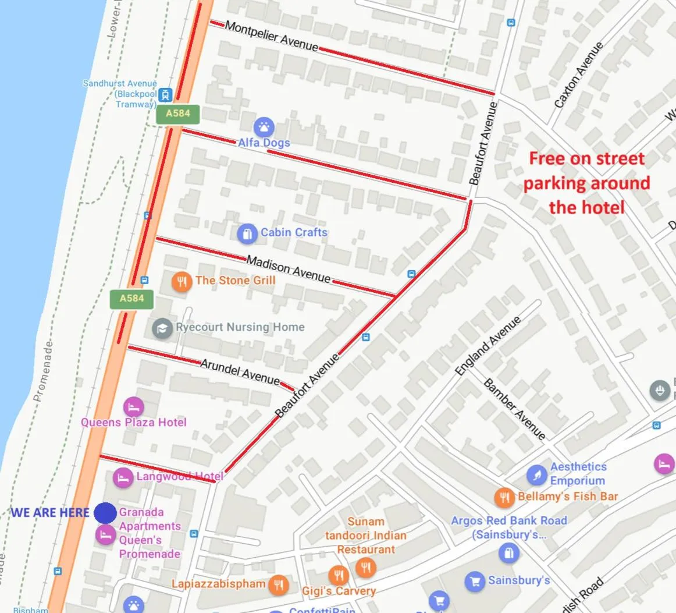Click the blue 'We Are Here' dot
tap(105, 513)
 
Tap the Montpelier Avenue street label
tap(271, 36)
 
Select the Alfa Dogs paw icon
tap(264, 126)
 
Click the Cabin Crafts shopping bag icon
tap(247, 233)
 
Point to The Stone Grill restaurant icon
tap(182, 282)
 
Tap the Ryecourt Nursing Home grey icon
tap(162, 328)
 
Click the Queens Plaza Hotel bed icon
tap(134, 406)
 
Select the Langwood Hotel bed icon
tap(123, 478)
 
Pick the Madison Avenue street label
tap(288, 269)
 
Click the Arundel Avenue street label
tap(240, 371)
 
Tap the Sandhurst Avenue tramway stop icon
tap(167, 94)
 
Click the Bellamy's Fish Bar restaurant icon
tap(504, 497)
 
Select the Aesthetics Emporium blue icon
tap(537, 475)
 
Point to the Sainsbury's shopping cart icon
tap(475, 581)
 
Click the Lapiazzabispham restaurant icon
tap(279, 584)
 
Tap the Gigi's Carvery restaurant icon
tap(338, 575)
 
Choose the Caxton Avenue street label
tap(579, 75)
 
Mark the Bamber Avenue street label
tap(514, 409)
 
